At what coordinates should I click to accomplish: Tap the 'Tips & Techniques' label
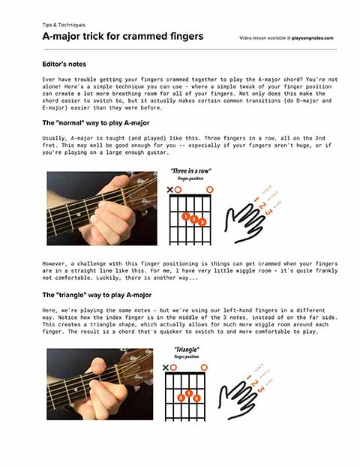(64, 25)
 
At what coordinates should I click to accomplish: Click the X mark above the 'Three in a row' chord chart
(169, 190)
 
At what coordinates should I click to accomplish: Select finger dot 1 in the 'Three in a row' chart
(185, 217)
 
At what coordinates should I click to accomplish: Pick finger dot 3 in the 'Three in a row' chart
(202, 222)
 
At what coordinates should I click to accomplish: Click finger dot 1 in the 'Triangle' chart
(190, 393)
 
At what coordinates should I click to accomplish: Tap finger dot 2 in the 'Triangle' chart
(181, 398)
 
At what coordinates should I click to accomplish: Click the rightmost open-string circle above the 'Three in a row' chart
(211, 189)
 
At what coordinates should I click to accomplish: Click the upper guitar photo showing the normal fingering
(102, 208)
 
